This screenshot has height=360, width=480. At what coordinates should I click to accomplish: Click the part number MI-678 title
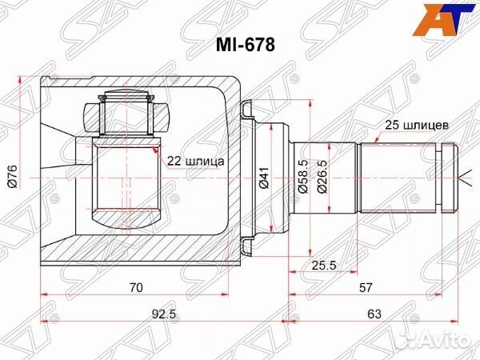pyautogui.click(x=246, y=45)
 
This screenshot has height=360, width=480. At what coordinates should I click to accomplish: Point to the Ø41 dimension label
pyautogui.click(x=264, y=178)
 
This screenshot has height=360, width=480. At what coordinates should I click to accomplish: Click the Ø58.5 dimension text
pyautogui.click(x=302, y=177)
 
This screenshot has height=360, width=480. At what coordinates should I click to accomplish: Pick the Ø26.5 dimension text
pyautogui.click(x=322, y=177)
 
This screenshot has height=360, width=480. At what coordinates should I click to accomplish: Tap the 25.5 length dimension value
pyautogui.click(x=324, y=265)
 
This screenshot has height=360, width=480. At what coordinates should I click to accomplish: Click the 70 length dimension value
pyautogui.click(x=136, y=288)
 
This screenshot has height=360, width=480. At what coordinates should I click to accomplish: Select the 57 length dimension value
pyautogui.click(x=366, y=288)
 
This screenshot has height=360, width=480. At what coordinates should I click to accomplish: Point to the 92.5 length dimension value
pyautogui.click(x=164, y=314)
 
